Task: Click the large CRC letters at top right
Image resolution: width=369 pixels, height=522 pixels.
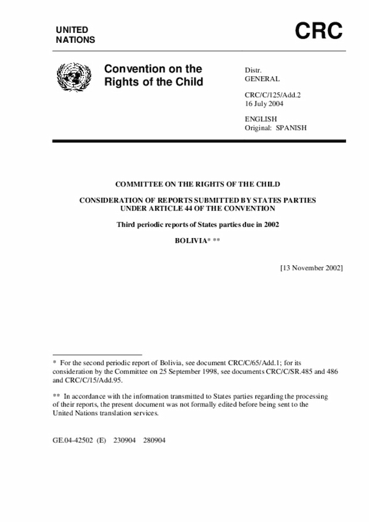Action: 319,31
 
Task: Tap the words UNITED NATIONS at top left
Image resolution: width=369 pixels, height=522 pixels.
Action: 75,35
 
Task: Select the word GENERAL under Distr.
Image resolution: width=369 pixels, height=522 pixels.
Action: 262,79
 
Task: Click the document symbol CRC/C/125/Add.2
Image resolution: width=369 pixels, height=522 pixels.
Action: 274,95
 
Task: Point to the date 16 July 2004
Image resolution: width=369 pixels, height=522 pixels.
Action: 264,104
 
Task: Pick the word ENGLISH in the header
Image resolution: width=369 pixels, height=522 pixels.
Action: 261,119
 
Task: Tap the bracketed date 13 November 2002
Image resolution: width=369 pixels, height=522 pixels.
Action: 311,268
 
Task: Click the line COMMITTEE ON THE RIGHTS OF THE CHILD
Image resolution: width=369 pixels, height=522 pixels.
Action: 198,184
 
